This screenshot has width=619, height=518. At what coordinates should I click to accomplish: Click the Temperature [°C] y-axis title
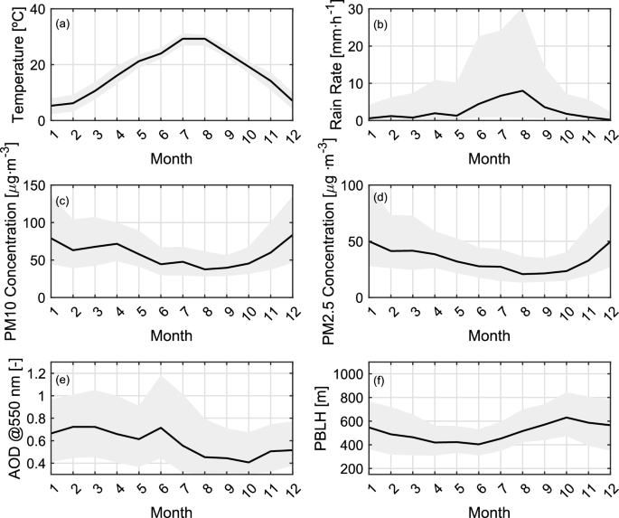click(18, 63)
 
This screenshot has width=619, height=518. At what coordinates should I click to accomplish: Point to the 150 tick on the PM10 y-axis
click(34, 186)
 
